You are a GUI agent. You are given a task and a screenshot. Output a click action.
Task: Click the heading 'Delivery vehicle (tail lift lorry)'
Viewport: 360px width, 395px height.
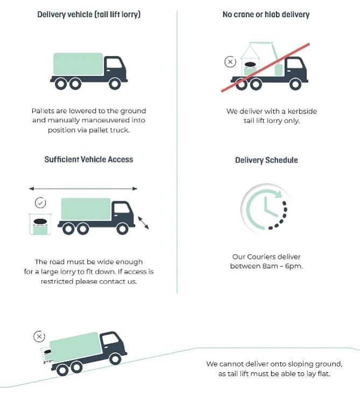click(x=89, y=15)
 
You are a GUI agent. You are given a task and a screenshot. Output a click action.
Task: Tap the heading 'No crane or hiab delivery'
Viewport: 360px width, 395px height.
click(x=266, y=15)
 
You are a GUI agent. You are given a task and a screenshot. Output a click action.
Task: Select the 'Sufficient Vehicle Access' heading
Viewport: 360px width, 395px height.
click(x=89, y=159)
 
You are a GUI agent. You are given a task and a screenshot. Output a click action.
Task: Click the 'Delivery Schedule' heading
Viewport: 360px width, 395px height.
click(x=266, y=160)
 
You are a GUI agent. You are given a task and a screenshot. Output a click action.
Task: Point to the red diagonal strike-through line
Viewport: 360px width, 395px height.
click(x=265, y=67)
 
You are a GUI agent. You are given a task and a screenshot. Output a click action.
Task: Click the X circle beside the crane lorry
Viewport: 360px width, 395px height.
click(x=230, y=62)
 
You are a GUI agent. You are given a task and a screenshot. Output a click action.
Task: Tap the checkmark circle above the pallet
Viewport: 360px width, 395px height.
click(x=40, y=203)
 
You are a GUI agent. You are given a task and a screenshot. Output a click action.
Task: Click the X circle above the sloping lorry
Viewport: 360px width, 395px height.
click(x=39, y=336)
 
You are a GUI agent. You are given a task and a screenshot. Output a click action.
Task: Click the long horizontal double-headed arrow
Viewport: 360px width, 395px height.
click(x=83, y=188)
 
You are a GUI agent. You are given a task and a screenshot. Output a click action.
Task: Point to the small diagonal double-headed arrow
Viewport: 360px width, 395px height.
click(x=143, y=223)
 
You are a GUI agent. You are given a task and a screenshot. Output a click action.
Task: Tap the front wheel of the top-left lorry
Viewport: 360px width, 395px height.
click(x=115, y=84)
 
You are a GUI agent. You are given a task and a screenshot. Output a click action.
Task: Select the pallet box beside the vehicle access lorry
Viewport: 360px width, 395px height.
click(x=40, y=224)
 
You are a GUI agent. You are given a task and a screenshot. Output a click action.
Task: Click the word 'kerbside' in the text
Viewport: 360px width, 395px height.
click(x=302, y=111)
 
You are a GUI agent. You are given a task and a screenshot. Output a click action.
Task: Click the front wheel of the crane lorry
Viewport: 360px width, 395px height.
click(x=295, y=84)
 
